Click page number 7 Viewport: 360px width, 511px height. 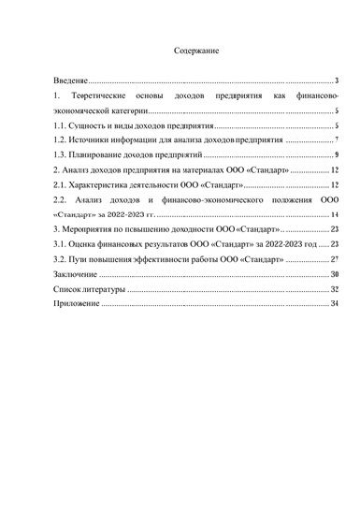coord(336,139)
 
